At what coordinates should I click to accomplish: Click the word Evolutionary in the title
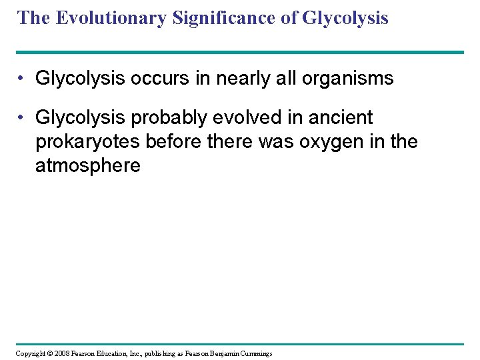click(x=111, y=18)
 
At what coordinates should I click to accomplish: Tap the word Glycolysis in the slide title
click(x=345, y=18)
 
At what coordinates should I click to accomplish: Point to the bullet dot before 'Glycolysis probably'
click(x=22, y=118)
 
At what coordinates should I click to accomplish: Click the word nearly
click(x=235, y=79)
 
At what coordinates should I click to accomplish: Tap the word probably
click(x=161, y=118)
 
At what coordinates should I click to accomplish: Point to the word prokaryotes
click(x=82, y=142)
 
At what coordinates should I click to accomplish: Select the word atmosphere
click(x=87, y=166)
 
